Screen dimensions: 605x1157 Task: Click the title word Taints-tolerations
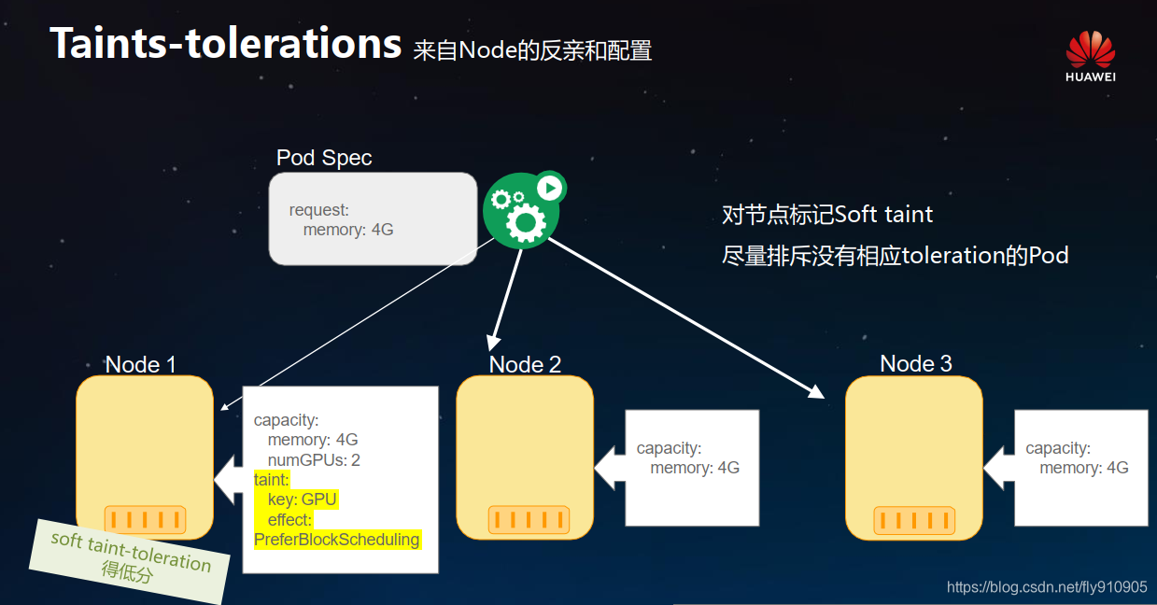click(225, 43)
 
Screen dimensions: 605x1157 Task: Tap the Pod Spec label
click(324, 158)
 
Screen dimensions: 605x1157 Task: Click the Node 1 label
click(140, 364)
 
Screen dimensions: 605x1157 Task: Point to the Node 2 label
click(525, 364)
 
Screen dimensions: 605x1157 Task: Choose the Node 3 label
click(915, 363)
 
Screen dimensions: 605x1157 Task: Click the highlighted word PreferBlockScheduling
click(337, 540)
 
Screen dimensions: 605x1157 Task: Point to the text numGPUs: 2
click(314, 460)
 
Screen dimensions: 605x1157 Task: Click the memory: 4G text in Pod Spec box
click(347, 230)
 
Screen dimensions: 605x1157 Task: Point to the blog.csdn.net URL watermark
click(1046, 587)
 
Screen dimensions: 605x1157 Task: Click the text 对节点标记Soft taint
click(827, 215)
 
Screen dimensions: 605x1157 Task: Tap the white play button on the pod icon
click(550, 188)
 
